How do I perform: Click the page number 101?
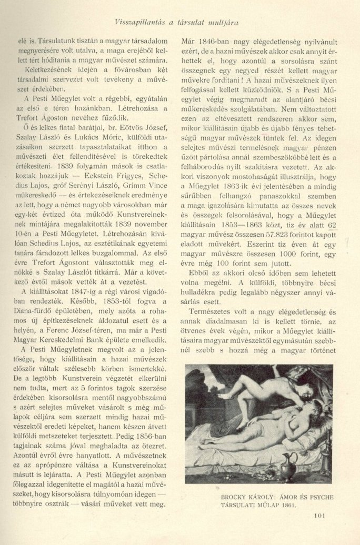pyautogui.click(x=320, y=529)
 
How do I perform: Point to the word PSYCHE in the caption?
pyautogui.click(x=319, y=496)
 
